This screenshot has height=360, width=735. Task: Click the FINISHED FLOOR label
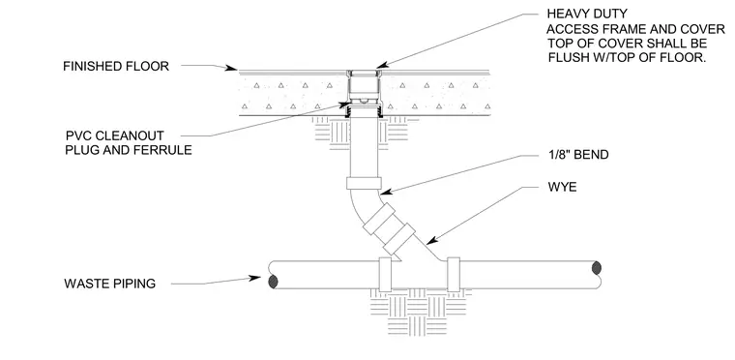click(x=116, y=66)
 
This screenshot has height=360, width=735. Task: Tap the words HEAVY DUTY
click(x=586, y=15)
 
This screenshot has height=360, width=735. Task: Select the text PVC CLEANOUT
click(x=115, y=135)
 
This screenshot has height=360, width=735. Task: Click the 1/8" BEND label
click(x=578, y=155)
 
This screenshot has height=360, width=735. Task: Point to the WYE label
click(x=562, y=187)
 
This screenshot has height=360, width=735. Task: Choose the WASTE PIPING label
click(x=109, y=284)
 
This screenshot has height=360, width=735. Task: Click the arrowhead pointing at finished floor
click(x=231, y=69)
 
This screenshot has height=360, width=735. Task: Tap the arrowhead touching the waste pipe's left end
click(x=254, y=278)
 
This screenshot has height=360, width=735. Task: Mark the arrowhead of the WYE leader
click(x=431, y=240)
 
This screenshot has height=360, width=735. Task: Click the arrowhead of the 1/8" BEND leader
click(x=386, y=191)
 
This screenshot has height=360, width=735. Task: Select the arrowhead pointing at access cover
click(x=383, y=65)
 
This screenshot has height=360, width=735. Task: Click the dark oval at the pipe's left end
click(x=273, y=282)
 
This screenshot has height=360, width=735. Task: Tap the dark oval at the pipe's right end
click(x=597, y=268)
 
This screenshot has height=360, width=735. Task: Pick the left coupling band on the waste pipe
click(x=385, y=275)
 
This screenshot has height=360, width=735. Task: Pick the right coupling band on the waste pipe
click(x=454, y=275)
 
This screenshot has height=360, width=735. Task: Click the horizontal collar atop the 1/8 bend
click(x=364, y=183)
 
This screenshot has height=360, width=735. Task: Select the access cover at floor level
click(x=364, y=73)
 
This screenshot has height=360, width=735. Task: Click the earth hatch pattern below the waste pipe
click(x=419, y=311)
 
